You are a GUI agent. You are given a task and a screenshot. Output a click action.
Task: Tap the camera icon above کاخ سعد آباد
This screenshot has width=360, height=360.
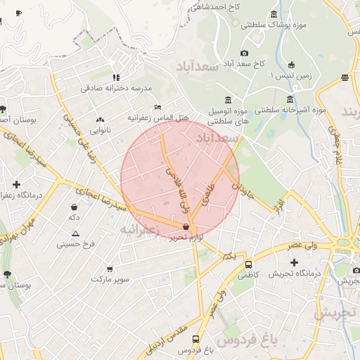(x=244, y=53)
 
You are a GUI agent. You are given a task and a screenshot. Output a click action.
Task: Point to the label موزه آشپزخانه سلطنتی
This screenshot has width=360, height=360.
(x=290, y=110)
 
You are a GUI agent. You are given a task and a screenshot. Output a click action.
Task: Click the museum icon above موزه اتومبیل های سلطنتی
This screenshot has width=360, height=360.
(x=227, y=101)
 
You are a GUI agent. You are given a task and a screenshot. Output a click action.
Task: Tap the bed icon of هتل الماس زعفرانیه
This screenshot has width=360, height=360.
(x=157, y=107)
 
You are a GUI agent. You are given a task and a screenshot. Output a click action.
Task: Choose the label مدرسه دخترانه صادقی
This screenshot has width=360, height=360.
(x=116, y=88)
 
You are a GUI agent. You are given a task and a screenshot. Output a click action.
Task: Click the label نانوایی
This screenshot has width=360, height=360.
(x=100, y=130)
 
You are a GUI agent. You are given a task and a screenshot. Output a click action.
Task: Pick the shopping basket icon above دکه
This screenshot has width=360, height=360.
(x=75, y=207)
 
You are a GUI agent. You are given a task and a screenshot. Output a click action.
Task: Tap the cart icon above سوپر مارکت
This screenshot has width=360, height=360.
(x=110, y=269)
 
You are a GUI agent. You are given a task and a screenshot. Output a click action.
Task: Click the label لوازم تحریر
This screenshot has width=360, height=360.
(x=186, y=238)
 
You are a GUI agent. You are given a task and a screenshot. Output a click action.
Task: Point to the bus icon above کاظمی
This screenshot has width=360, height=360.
(x=248, y=264)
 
